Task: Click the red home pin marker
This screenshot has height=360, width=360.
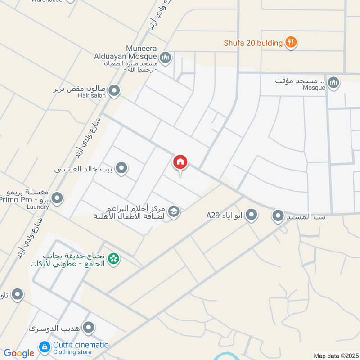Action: click(x=180, y=162)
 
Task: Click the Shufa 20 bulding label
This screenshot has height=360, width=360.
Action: click(x=253, y=43)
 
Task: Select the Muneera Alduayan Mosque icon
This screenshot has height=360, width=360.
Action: click(x=165, y=57)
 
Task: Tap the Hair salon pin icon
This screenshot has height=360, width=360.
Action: click(x=114, y=91)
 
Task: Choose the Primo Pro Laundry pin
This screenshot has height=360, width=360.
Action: click(x=57, y=198)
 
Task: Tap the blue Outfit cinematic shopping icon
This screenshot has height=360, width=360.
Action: click(x=44, y=346)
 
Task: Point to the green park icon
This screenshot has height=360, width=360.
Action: click(x=114, y=259)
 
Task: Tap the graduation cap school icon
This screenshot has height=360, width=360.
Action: click(x=174, y=211)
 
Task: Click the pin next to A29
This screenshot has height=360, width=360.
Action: click(x=252, y=215)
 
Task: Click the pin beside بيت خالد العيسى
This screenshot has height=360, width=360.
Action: click(x=121, y=169)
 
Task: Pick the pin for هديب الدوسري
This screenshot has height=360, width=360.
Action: click(x=89, y=328)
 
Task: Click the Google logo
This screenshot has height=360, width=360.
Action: click(x=19, y=353)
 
